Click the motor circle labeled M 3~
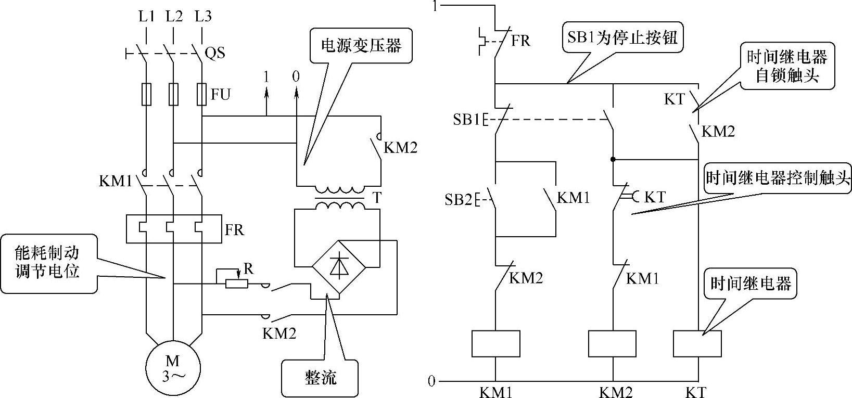172,368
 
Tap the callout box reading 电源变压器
361,46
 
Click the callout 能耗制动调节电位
48,263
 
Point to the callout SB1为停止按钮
622,38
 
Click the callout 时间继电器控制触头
778,179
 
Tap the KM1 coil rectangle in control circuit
495,343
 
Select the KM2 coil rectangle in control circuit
612,343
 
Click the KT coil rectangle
697,343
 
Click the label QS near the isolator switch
215,53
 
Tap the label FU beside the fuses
221,95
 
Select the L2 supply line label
174,17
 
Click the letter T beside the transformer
376,198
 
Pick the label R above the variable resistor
248,269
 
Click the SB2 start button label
457,200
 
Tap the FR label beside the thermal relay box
234,230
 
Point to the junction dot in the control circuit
613,159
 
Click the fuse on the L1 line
147,94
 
